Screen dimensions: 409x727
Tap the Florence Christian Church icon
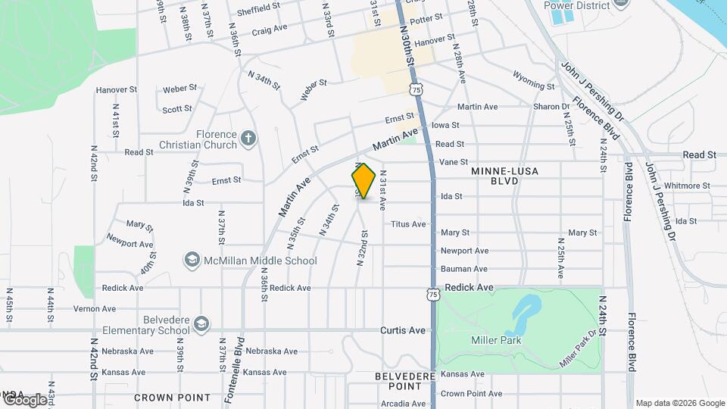click(x=248, y=139)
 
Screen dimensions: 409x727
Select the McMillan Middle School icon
click(x=192, y=261)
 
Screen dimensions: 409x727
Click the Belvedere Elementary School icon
click(x=201, y=325)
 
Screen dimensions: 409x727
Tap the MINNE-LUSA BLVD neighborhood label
click(x=504, y=176)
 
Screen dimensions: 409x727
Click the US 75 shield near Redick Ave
click(x=432, y=294)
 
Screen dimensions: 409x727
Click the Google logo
click(x=25, y=399)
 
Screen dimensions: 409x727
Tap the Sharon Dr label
click(x=551, y=107)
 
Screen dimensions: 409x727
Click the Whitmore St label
click(x=684, y=186)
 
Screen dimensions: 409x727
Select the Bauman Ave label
click(x=464, y=269)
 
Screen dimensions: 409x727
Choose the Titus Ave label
click(x=408, y=223)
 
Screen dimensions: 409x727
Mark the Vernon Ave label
click(x=95, y=308)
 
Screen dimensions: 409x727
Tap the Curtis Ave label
click(x=403, y=330)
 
